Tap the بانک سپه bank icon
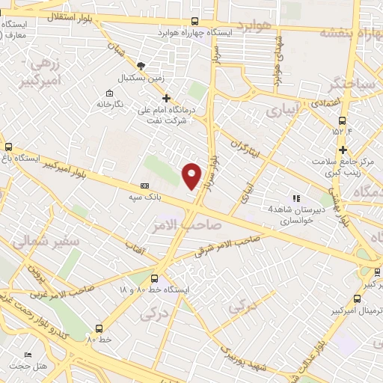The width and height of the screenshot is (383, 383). (x=144, y=186)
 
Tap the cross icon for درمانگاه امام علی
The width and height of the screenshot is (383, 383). (x=166, y=98)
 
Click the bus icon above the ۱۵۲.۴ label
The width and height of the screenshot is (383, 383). (x=342, y=121)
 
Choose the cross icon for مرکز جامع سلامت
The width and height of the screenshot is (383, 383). (x=342, y=150)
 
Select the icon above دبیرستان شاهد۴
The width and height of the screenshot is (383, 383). (x=296, y=198)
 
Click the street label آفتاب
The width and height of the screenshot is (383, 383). (x=135, y=245)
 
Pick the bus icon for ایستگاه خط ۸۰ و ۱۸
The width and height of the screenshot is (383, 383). (x=155, y=278)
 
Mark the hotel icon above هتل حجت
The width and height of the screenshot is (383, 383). (x=27, y=355)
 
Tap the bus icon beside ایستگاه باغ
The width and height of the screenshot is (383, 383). (x=9, y=147)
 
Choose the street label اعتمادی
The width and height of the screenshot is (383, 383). (x=323, y=102)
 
